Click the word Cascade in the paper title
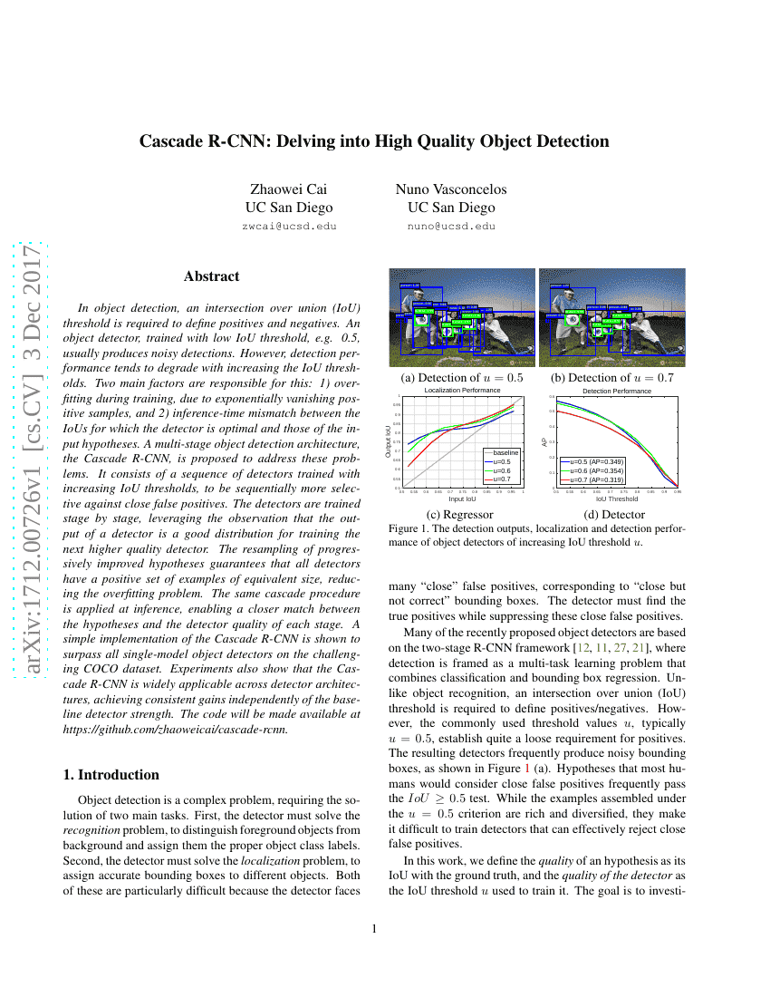point(172,141)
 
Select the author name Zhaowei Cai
point(288,189)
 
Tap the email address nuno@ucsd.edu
point(451,226)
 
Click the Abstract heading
point(211,276)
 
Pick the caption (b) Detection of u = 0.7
point(611,378)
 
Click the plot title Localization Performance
point(462,391)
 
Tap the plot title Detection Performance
point(616,391)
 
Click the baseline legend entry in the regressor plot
point(505,451)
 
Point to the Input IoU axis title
point(462,498)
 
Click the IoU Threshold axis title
point(616,498)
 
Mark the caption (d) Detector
point(616,514)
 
